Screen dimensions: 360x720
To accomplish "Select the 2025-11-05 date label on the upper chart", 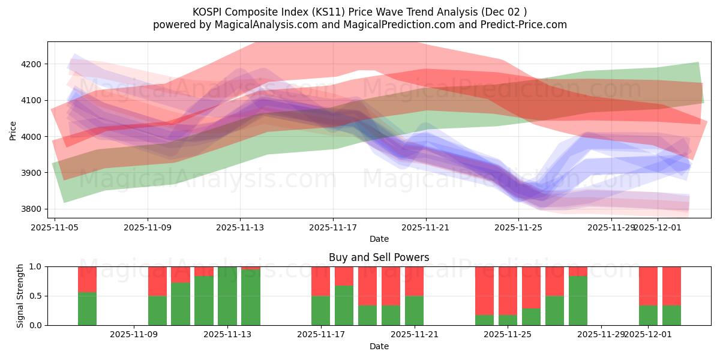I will tap(55, 227).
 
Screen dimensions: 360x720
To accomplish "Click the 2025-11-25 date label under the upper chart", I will tap(519, 227).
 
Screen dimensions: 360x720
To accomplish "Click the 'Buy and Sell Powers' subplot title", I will tap(379, 257).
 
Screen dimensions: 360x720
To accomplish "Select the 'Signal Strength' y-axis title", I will tap(20, 295).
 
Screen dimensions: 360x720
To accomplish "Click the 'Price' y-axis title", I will tap(13, 130).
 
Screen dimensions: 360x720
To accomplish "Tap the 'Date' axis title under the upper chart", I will tap(379, 239).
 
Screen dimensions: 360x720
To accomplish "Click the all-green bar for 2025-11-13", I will tap(227, 296).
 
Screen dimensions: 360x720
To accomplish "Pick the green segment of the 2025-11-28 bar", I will tap(578, 301).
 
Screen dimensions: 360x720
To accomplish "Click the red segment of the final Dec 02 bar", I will tap(671, 286).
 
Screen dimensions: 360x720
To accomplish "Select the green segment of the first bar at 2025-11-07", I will tap(87, 308).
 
